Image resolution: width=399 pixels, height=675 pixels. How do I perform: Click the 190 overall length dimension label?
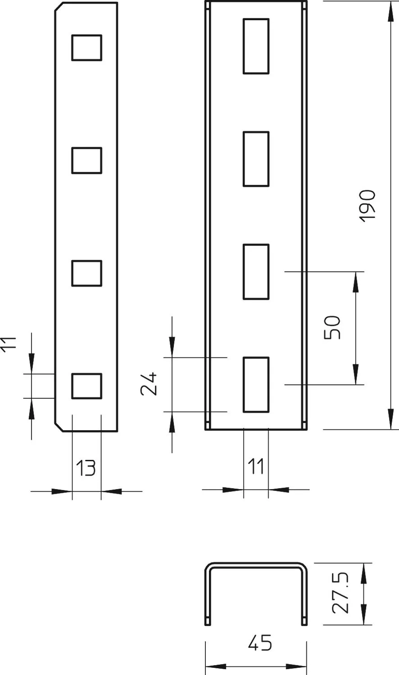pos(367,206)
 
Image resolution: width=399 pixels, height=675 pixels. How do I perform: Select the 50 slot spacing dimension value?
pos(332,328)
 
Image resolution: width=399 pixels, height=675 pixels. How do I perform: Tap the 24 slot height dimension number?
pos(149,383)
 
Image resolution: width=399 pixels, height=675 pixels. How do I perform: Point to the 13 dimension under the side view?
pos(86,468)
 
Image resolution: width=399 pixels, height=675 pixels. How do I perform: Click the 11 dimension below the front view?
pos(256,466)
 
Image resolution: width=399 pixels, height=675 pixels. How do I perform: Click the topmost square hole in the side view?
pos(86,48)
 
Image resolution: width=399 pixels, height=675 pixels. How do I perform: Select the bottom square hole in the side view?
pos(86,386)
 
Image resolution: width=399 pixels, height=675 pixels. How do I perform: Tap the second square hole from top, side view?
pos(86,160)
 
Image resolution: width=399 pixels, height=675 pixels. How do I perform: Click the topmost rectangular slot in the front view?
pos(256,46)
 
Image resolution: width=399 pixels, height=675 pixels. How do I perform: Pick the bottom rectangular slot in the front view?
pos(256,384)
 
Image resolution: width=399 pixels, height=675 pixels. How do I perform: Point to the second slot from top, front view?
pos(256,159)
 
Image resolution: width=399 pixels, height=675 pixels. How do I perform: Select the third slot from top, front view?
pos(256,271)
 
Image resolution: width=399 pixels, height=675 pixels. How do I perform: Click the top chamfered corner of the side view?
pos(59,7)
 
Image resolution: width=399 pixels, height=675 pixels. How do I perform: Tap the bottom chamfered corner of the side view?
pos(59,427)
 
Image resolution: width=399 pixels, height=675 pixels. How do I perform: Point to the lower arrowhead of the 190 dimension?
pos(391,419)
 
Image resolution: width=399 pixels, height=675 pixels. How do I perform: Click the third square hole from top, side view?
pos(86,273)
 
